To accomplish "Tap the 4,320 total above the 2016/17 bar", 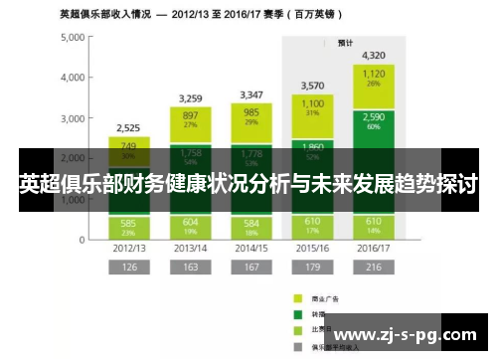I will pos(374,55).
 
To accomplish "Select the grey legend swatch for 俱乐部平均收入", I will pos(296,348).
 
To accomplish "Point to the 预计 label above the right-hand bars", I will pos(345,43).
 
